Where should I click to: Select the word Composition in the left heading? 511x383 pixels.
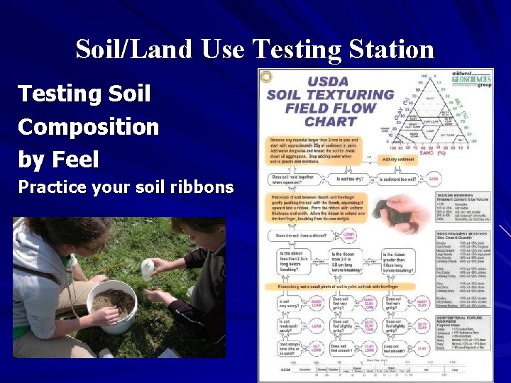tap(88, 127)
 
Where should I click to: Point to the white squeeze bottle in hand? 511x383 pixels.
tap(149, 267)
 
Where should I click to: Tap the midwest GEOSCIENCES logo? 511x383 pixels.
tap(471, 79)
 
